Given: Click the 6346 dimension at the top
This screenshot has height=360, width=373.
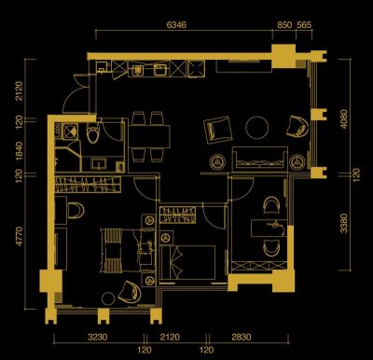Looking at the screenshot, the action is (x=176, y=25).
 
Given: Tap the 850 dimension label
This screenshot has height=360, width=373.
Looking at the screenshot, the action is (x=284, y=25).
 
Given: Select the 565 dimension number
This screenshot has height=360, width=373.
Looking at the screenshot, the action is (x=304, y=25).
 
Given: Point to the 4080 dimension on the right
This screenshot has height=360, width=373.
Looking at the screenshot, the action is (x=344, y=118).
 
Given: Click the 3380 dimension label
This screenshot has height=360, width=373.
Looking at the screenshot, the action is (x=344, y=223).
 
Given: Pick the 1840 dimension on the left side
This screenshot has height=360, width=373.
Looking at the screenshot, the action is (x=20, y=151).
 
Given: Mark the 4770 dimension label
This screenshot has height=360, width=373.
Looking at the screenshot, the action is (x=20, y=236).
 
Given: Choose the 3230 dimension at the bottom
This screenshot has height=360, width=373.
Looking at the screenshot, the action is (x=98, y=337).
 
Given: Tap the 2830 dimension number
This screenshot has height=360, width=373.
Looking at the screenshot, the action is (x=242, y=337).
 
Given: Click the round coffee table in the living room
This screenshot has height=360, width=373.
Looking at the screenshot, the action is (x=257, y=128).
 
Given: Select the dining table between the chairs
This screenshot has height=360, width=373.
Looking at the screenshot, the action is (x=149, y=137).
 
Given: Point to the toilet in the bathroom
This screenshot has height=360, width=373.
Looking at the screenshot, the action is (x=93, y=132).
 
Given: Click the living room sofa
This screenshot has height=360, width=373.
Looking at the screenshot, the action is (x=260, y=159).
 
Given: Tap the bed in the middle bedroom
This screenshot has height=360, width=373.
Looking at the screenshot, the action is (x=188, y=262).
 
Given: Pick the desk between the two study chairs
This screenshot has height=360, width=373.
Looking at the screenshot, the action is (x=269, y=228).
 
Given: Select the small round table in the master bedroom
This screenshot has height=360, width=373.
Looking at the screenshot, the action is (x=108, y=298).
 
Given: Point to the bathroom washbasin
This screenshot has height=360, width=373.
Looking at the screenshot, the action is (x=99, y=164).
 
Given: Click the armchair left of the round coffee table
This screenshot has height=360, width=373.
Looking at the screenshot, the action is (x=218, y=130).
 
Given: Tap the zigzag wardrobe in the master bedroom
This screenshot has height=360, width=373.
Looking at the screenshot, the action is (x=88, y=185).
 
